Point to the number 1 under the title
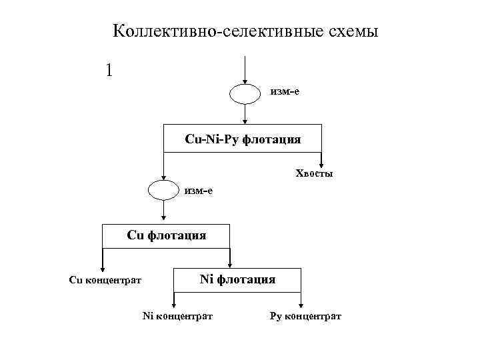(x=109, y=70)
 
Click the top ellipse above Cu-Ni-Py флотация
(x=246, y=94)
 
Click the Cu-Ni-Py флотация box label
(x=243, y=139)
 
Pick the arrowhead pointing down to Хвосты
(x=321, y=164)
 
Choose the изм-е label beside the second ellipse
(x=199, y=191)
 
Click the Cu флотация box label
(x=166, y=235)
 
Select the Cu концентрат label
(x=105, y=280)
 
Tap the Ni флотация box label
(x=237, y=279)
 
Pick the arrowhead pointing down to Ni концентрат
(x=175, y=303)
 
